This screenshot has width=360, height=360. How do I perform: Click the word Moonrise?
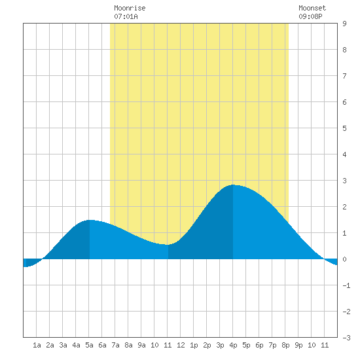point(130,8)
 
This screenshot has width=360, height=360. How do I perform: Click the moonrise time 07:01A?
point(126,16)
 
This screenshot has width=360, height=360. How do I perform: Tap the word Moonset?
point(312,8)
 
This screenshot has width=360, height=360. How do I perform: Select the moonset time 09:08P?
point(310,16)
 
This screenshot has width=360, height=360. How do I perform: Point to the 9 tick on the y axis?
point(344,24)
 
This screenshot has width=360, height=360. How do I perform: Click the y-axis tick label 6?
point(344,102)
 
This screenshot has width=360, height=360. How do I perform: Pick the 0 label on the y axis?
point(344,259)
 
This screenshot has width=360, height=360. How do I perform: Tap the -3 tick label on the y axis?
point(346,338)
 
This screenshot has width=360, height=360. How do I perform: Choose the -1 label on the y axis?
point(346,285)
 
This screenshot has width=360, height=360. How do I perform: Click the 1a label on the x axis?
point(37,345)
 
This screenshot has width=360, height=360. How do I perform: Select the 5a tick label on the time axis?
point(89,345)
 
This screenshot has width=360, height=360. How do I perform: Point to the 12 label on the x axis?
point(181,345)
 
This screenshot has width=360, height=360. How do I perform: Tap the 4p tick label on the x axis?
point(233,345)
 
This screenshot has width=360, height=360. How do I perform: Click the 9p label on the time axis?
point(298,345)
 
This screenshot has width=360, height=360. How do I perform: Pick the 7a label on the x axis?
point(115,345)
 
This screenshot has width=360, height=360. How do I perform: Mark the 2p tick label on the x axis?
point(207,345)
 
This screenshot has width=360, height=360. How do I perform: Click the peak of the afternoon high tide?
point(233,185)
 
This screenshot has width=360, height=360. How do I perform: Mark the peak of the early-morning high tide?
point(90,220)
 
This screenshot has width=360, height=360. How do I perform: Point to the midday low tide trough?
point(168,245)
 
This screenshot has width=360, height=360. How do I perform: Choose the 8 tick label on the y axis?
point(344,50)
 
